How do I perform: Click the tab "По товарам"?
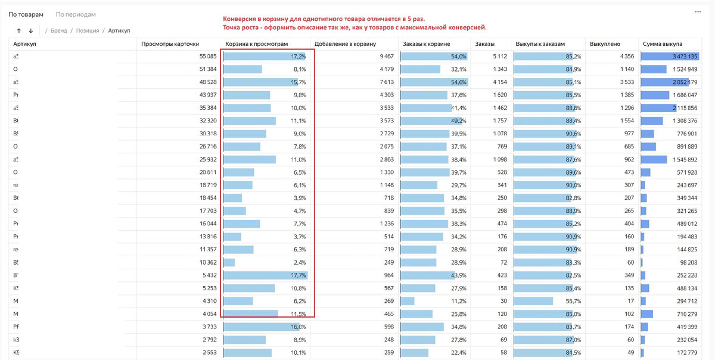click(x=26, y=14)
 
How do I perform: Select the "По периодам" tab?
click(x=76, y=14)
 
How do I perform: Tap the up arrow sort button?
click(x=19, y=30)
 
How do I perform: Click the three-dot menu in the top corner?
click(x=698, y=12)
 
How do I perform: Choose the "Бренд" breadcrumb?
click(x=58, y=30)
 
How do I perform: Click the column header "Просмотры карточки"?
click(x=170, y=44)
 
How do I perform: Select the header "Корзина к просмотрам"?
click(x=257, y=44)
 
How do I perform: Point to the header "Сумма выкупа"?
click(x=663, y=44)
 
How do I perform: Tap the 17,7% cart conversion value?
click(x=298, y=275)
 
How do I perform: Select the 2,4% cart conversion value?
click(x=299, y=262)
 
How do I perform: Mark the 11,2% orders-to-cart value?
click(x=458, y=302)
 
